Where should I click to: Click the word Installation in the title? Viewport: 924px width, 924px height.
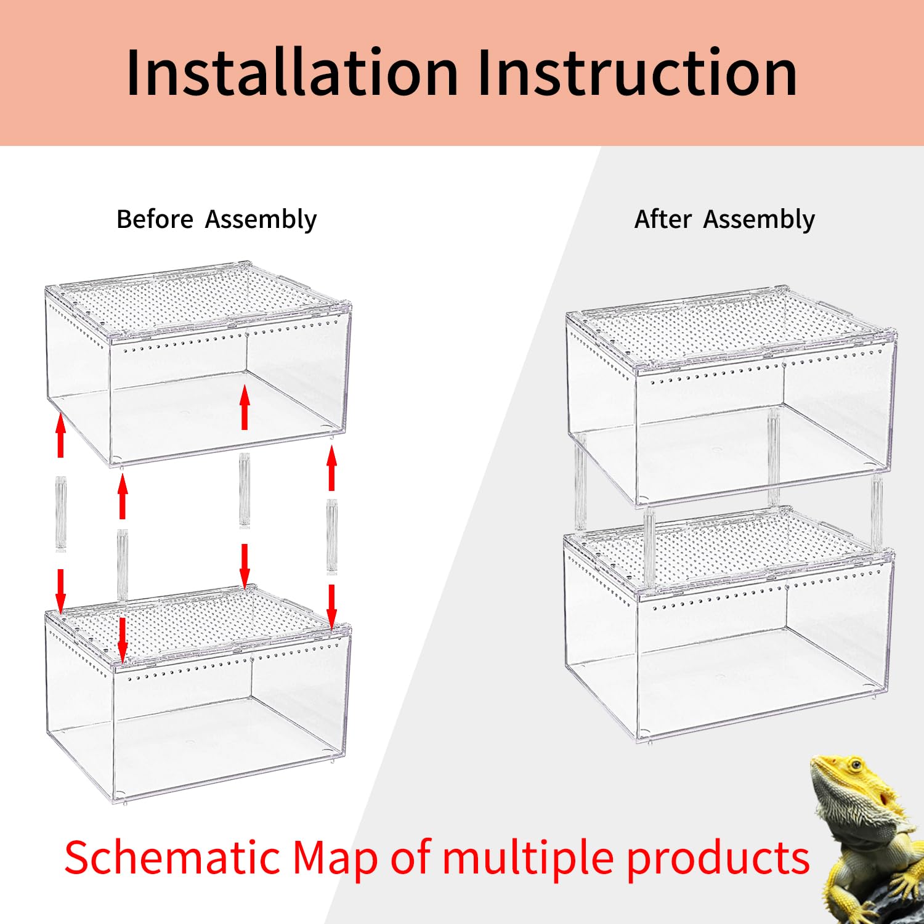(291, 73)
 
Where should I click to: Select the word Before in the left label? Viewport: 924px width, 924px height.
(155, 219)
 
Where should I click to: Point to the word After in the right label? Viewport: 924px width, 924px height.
(663, 219)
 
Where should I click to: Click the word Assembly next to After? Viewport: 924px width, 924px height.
(759, 219)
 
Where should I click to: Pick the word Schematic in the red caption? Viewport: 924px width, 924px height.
(172, 858)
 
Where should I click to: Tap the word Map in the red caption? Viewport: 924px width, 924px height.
(334, 858)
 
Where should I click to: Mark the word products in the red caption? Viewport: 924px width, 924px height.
(718, 858)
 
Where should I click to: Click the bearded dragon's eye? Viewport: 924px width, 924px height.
(855, 765)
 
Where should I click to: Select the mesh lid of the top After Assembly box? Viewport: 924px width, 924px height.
(730, 330)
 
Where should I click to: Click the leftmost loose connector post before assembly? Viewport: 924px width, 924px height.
(60, 513)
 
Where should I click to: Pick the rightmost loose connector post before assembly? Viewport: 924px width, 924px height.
(331, 536)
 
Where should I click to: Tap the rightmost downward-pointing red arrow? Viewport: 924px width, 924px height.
(331, 607)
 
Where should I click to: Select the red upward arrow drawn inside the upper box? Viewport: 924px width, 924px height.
(245, 407)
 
